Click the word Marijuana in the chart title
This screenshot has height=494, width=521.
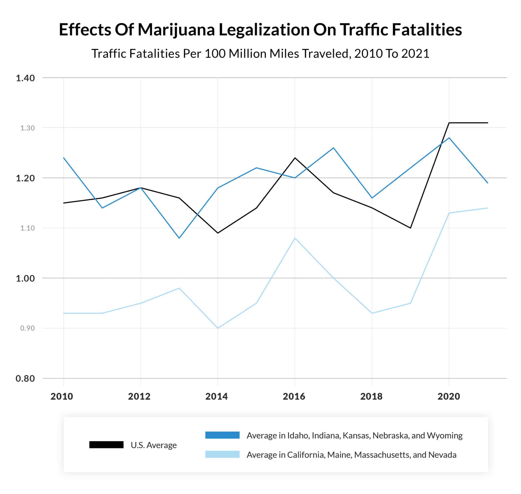coord(176,29)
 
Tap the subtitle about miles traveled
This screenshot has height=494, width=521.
coord(260,54)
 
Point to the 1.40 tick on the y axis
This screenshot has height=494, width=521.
coord(25,78)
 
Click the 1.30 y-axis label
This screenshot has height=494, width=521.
coord(27,128)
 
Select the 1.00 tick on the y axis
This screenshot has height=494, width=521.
coord(25,278)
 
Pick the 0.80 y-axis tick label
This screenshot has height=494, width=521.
coord(25,378)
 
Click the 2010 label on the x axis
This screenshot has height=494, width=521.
coord(62,396)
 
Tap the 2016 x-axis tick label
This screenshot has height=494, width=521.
coord(294,396)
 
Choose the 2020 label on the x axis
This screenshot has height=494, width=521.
coord(448,396)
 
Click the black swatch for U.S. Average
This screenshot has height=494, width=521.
coord(106,445)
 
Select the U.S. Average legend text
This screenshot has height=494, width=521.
coord(153,445)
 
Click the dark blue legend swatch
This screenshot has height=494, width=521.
coord(222,435)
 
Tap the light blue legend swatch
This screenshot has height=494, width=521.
coord(222,455)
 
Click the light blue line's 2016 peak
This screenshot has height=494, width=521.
coord(295,238)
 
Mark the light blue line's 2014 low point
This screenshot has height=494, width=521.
coord(218,328)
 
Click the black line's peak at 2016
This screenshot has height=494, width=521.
coord(295,158)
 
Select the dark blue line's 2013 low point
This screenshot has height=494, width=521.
coord(179,238)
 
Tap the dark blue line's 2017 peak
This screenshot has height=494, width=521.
coord(334,148)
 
